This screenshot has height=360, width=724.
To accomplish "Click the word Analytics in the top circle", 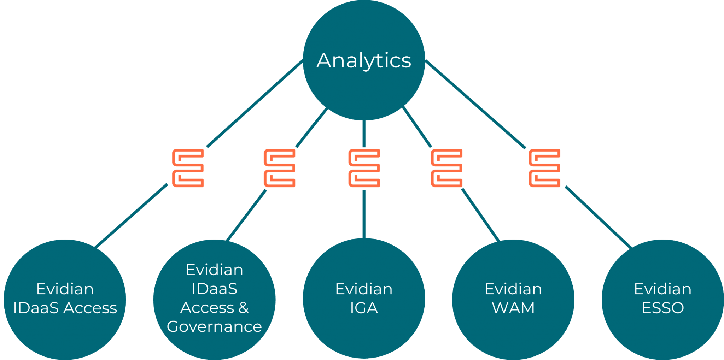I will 364,61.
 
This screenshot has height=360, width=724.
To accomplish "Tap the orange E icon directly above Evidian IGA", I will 364,168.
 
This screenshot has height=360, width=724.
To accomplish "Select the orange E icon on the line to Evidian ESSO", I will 544,168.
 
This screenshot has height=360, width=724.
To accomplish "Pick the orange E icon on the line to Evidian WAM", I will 446,168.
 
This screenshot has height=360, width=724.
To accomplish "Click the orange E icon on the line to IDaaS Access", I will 188,168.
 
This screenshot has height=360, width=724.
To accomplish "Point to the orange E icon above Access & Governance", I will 279,168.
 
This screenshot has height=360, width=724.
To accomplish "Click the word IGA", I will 364,308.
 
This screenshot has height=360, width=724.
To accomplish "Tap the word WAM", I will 513,308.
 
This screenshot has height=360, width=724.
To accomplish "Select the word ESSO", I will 663,308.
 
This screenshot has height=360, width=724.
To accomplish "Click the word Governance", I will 214,327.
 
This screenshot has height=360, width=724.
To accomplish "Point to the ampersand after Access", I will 244,308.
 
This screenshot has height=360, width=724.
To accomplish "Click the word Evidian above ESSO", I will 663,289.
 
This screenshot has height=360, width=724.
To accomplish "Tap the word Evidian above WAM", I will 513,289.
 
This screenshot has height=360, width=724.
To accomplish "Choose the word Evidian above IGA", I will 364,289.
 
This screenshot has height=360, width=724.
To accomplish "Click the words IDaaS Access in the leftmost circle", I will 65,308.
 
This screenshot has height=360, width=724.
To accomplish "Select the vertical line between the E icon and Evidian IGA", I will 364,214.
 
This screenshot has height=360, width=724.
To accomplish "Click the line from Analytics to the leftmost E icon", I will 255,104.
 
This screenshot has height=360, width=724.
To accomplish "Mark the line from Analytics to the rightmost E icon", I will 475,104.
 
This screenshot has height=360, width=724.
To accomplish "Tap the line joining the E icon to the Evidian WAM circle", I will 480,215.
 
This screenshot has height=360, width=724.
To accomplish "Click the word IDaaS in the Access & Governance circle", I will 214,289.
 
